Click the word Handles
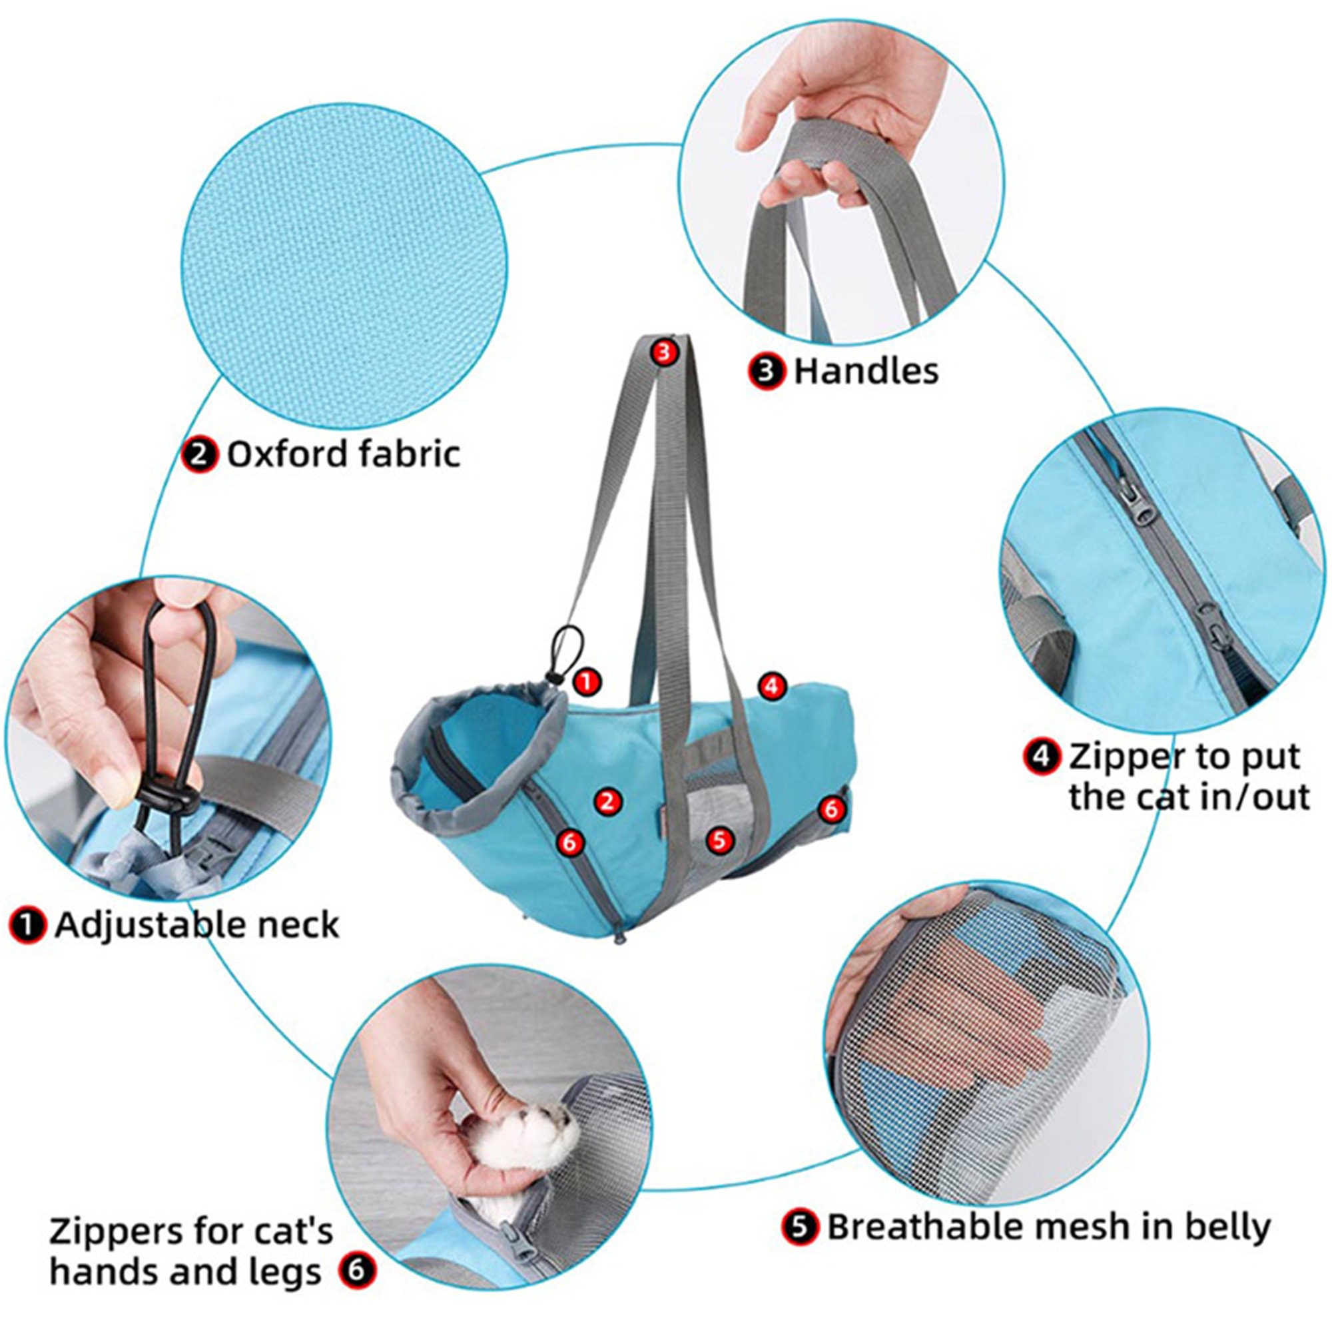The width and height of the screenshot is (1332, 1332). click(865, 372)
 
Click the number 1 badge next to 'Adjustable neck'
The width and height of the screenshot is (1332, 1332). click(27, 926)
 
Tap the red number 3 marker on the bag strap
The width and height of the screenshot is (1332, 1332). click(663, 353)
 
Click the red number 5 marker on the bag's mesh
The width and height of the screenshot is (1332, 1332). click(719, 840)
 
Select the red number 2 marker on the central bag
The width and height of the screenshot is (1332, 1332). click(607, 801)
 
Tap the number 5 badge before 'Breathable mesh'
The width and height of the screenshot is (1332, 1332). click(801, 1228)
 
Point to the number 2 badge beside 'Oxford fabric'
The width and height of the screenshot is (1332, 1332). click(200, 456)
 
